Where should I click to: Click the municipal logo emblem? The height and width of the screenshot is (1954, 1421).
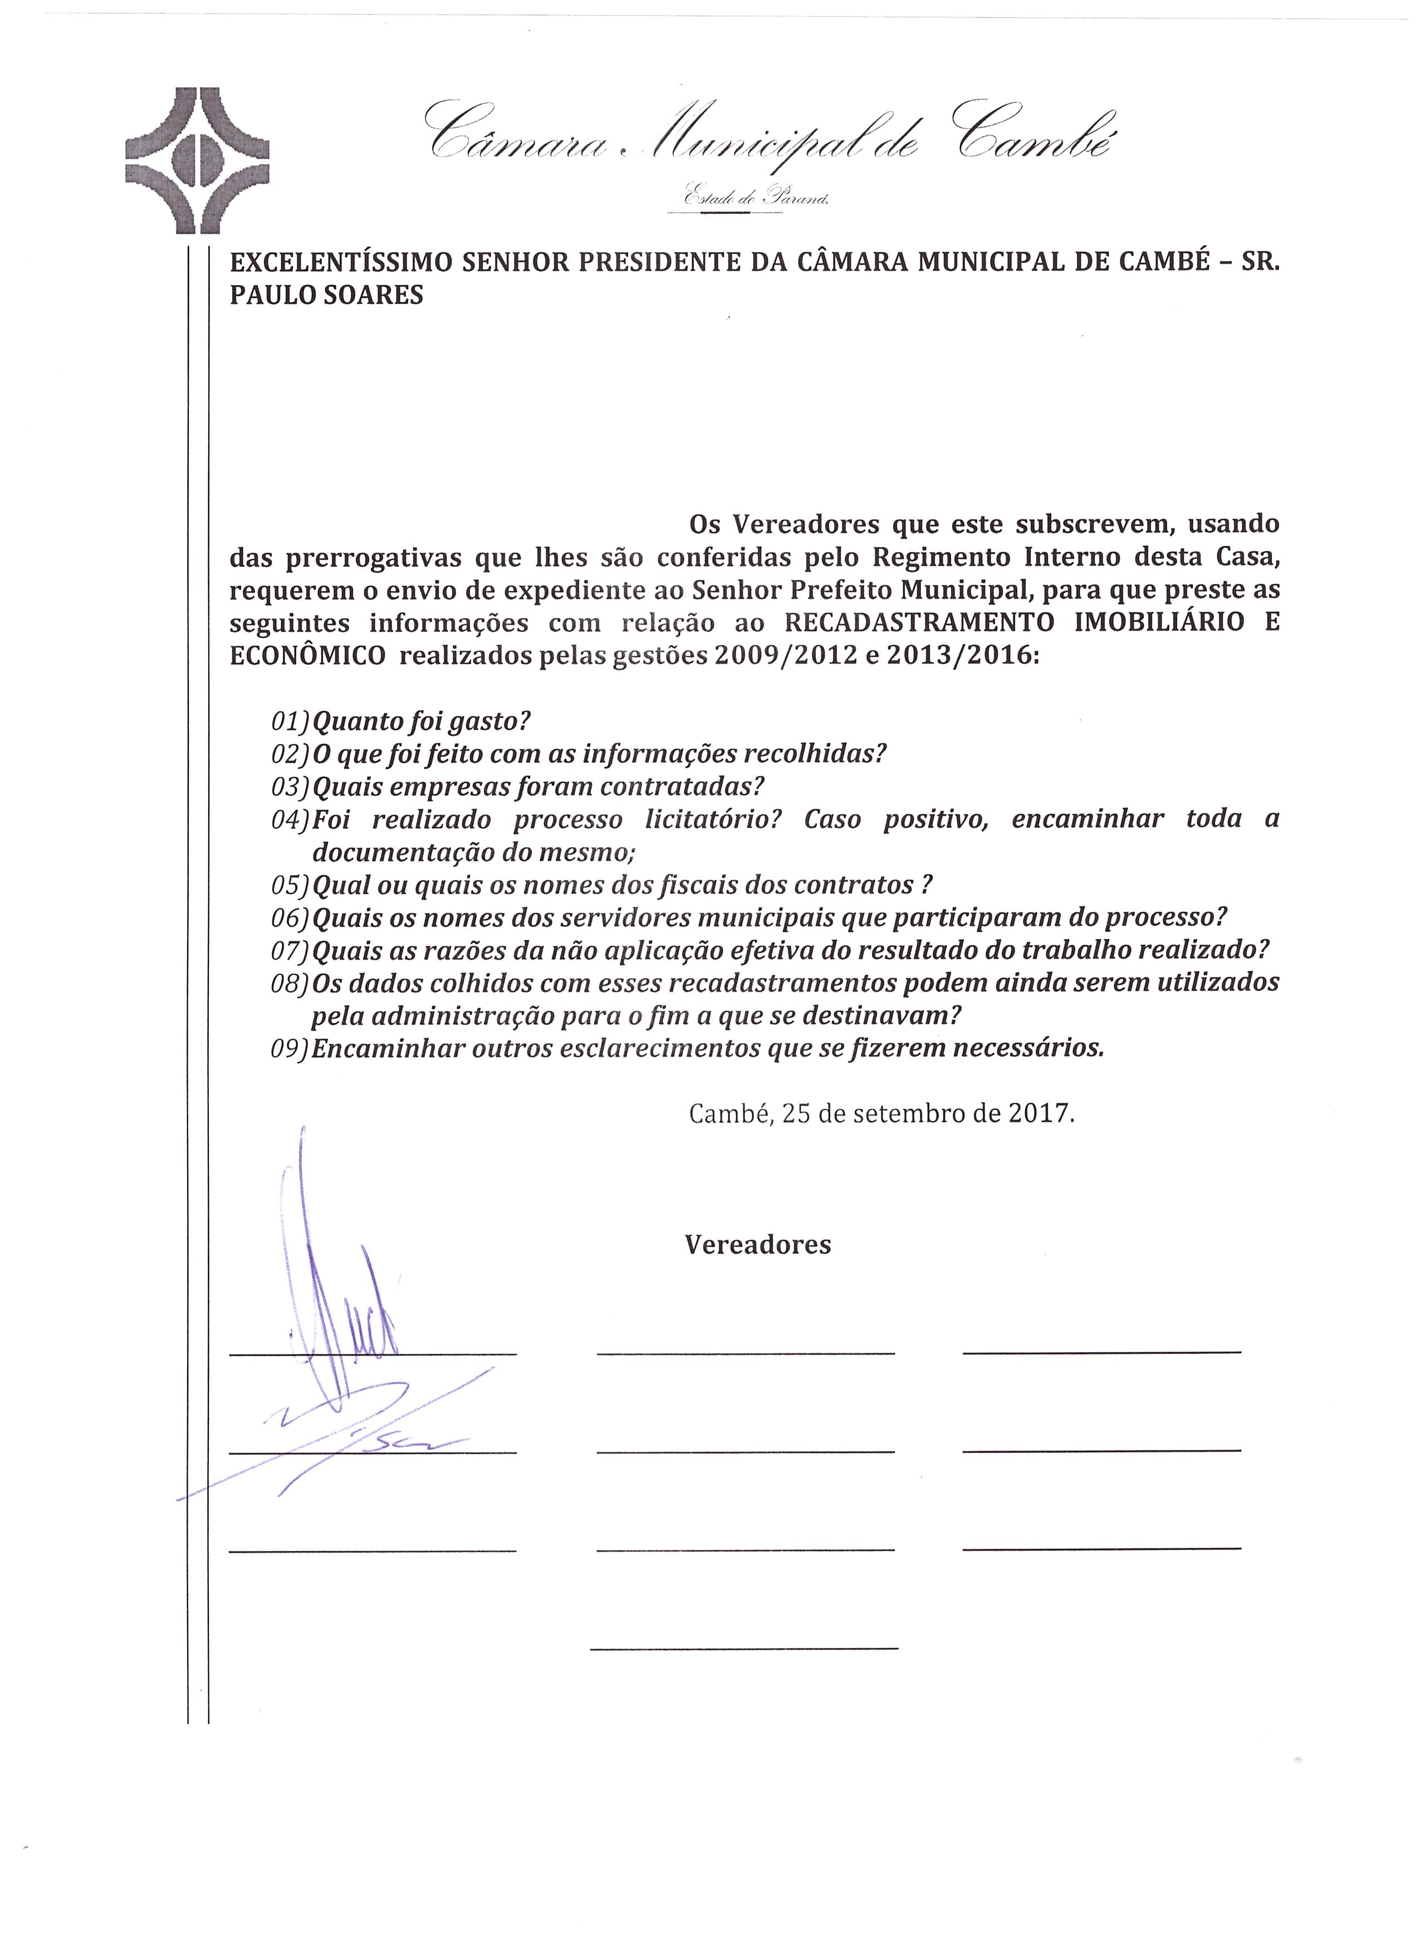tap(197, 160)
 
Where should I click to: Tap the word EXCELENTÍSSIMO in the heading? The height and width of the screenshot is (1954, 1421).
tap(341, 262)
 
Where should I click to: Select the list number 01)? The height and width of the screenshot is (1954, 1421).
tap(290, 720)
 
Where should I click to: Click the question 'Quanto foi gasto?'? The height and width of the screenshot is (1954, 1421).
tap(420, 720)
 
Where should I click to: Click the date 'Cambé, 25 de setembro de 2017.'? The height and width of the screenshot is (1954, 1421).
tap(881, 1114)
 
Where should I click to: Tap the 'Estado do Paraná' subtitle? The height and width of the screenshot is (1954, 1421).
tap(756, 197)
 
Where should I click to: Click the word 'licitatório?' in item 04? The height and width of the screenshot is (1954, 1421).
tap(713, 819)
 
